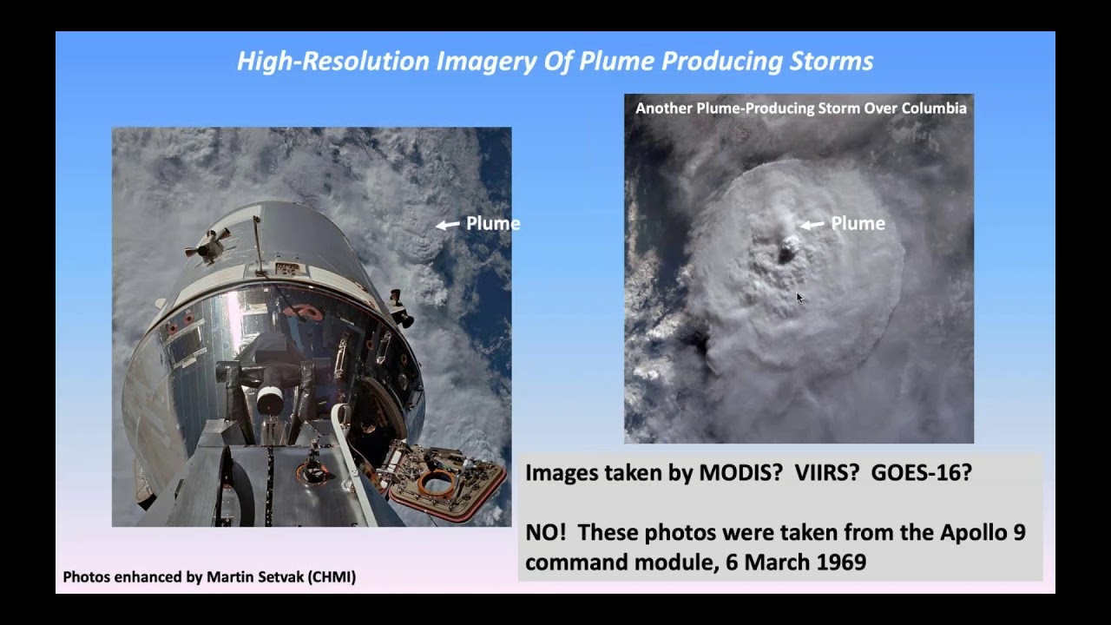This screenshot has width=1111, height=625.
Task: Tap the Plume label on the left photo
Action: click(x=493, y=224)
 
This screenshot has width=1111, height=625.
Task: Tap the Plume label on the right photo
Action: click(x=858, y=224)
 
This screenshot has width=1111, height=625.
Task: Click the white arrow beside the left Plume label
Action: click(x=448, y=225)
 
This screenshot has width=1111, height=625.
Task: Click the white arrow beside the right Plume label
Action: click(x=812, y=225)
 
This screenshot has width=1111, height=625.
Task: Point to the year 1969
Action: click(x=841, y=562)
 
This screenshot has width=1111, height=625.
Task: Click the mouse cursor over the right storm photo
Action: click(x=799, y=298)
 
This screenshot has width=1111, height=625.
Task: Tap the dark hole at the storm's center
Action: click(x=787, y=253)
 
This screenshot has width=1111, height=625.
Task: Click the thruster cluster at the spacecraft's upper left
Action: click(x=205, y=247)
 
